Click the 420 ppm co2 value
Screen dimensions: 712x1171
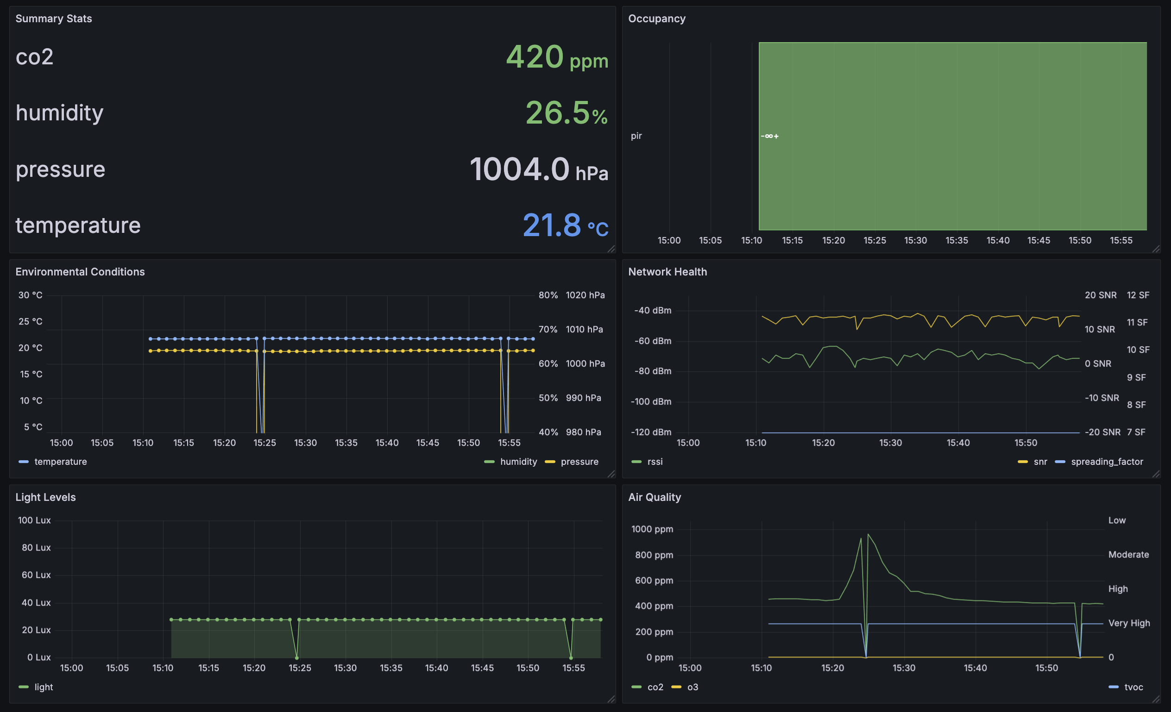tap(556, 57)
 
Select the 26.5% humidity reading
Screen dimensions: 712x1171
tap(566, 113)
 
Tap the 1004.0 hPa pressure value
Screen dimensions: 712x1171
tap(538, 169)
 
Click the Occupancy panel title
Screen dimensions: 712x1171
tap(656, 19)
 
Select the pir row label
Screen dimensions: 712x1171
tap(636, 136)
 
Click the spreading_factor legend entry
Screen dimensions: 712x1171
tap(1106, 462)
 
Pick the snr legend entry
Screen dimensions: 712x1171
tap(1040, 462)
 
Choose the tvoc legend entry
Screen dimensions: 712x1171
tap(1133, 687)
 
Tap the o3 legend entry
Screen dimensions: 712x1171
tap(693, 687)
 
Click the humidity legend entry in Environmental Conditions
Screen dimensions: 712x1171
tap(518, 462)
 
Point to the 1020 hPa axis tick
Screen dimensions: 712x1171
tap(585, 295)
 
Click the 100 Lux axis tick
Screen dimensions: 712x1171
tap(34, 520)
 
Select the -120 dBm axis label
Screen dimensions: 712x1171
tap(651, 432)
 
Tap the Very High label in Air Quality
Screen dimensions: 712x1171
tap(1129, 623)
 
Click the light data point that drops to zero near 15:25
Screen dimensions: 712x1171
tap(297, 658)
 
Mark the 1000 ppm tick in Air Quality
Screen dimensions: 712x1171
tap(652, 529)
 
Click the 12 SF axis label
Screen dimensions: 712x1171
tap(1138, 295)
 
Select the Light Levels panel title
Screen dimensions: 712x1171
tap(45, 497)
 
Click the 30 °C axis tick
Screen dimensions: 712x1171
tap(31, 295)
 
